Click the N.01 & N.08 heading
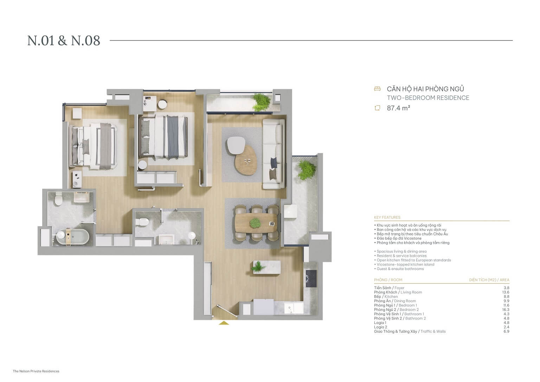pyautogui.click(x=64, y=41)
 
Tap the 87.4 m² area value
pyautogui.click(x=398, y=108)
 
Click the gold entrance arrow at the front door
pyautogui.click(x=224, y=323)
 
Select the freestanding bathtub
pyautogui.click(x=72, y=237)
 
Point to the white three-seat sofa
pyautogui.click(x=274, y=154)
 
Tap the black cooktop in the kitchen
pyautogui.click(x=311, y=278)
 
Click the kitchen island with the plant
pyautogui.click(x=266, y=267)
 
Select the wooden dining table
pyautogui.click(x=257, y=223)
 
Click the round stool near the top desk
pyautogui.click(x=162, y=104)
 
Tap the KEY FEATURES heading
pyautogui.click(x=387, y=217)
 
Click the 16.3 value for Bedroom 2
pyautogui.click(x=506, y=310)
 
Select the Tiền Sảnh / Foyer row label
pyautogui.click(x=389, y=288)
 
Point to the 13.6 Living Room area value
pyautogui.click(x=506, y=292)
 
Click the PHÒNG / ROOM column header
pyautogui.click(x=388, y=280)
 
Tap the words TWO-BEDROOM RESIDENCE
pyautogui.click(x=428, y=98)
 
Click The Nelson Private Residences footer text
pyautogui.click(x=36, y=371)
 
